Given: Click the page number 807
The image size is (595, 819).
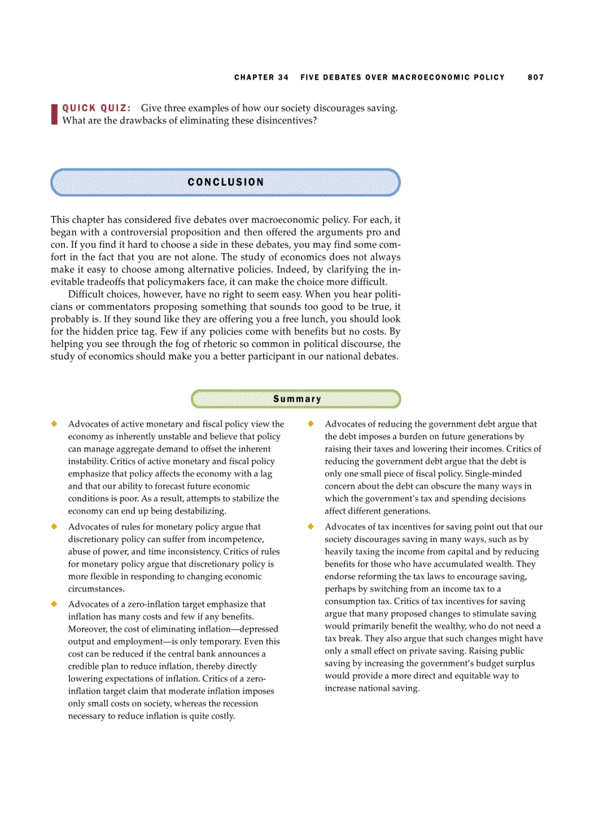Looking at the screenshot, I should click(x=536, y=77).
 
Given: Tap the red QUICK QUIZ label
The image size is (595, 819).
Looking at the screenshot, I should click(x=96, y=108).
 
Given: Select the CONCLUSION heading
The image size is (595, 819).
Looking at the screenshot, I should click(x=225, y=182).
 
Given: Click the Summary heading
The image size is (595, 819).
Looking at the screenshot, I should click(x=297, y=399).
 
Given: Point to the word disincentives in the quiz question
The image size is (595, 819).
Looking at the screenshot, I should click(x=284, y=120).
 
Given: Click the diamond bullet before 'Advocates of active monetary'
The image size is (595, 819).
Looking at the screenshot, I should click(x=54, y=424).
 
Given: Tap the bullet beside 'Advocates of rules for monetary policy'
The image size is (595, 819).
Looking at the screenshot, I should click(x=54, y=527).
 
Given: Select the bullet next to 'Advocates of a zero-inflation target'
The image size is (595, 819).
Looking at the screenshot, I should click(x=54, y=604).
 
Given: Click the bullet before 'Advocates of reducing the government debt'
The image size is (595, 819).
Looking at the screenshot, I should click(x=311, y=424).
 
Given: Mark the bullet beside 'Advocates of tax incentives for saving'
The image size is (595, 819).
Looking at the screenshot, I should click(x=311, y=527).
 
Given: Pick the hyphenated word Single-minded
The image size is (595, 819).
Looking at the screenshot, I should click(x=493, y=473).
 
